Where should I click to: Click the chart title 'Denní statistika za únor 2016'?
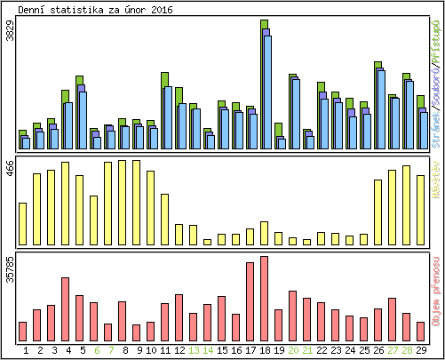coord(96,10)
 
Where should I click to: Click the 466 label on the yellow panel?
coord(11,170)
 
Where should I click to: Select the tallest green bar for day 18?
coord(264,24)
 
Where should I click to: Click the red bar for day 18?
coord(264,299)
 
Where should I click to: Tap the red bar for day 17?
coord(250,302)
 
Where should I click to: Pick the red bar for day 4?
coord(65,309)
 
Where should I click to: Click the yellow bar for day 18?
coord(264,233)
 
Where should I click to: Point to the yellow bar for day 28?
coord(406,205)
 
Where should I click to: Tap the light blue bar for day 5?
coord(83,120)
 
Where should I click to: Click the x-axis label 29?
coord(420,350)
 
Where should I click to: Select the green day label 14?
coord(207,350)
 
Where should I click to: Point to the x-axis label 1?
coord(25,350)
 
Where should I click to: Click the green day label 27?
coord(392,350)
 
